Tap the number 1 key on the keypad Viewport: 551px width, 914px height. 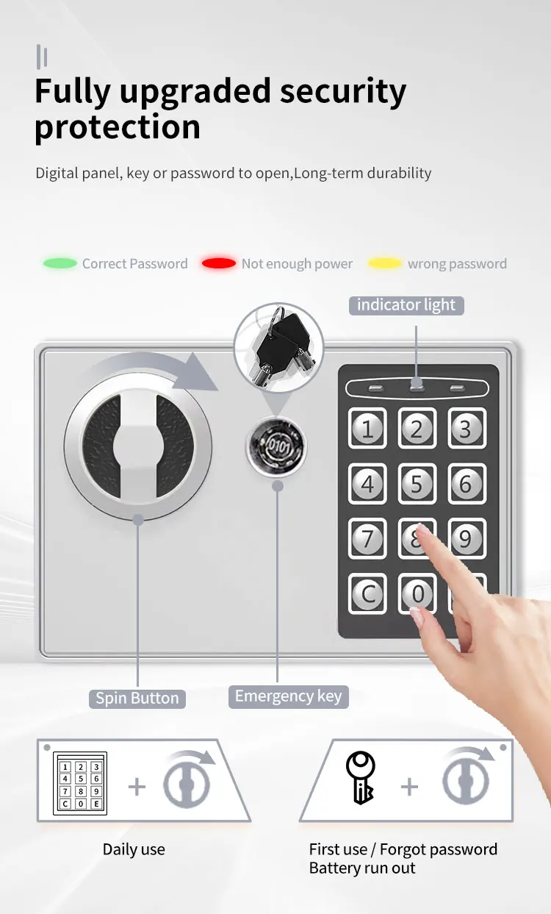368,428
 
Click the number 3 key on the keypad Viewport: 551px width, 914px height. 466,428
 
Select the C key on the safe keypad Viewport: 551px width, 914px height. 368,593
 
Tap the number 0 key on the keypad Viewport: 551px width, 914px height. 417,593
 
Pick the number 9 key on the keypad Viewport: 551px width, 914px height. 466,538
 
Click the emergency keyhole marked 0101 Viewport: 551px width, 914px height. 276,446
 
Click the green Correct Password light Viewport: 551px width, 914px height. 60,263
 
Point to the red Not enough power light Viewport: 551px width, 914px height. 219,263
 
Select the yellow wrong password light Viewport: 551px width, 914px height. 385,263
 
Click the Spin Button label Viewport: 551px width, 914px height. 137,698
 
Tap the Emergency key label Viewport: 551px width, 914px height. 288,696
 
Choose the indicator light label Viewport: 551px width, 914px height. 406,304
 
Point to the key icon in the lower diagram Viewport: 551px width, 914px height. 361,778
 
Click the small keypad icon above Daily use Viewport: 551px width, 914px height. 81,784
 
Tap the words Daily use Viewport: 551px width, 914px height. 134,849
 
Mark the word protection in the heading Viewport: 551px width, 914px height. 118,126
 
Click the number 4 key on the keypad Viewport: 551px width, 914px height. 368,483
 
